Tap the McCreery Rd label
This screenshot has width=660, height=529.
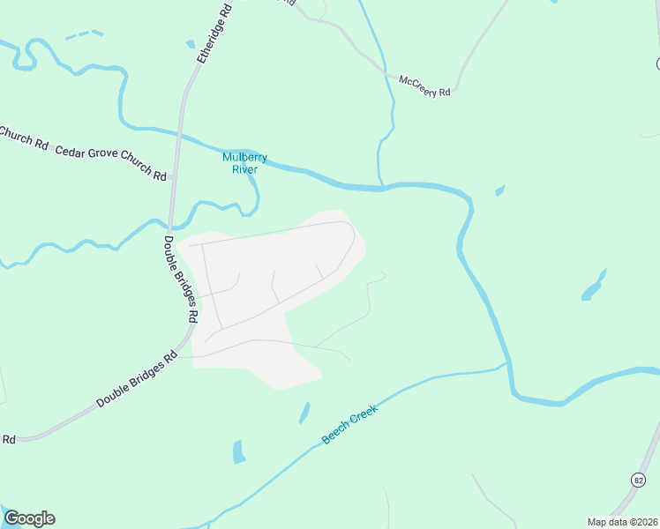(425, 86)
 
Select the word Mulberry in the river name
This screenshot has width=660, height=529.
(244, 157)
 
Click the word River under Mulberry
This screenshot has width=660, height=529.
(244, 169)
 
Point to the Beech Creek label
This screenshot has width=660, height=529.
(349, 424)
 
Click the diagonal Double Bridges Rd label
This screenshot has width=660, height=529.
(138, 381)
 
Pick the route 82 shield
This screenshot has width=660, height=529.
(638, 479)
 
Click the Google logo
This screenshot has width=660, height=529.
(29, 518)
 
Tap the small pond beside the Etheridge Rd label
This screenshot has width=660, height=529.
(190, 44)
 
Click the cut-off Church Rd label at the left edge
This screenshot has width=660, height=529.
(23, 138)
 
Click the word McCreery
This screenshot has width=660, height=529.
(418, 83)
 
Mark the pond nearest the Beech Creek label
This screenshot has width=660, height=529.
(304, 412)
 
